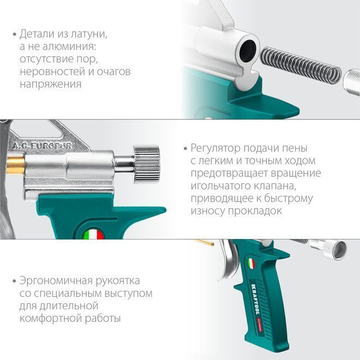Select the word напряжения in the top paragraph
[51, 84]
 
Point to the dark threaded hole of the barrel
[247, 51]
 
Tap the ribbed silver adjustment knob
[147, 164]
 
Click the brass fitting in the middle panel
[16, 165]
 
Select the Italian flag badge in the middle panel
[93, 234]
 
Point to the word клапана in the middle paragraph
[273, 186]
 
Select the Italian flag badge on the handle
[252, 264]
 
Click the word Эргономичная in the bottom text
[56, 281]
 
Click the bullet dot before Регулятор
[186, 149]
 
